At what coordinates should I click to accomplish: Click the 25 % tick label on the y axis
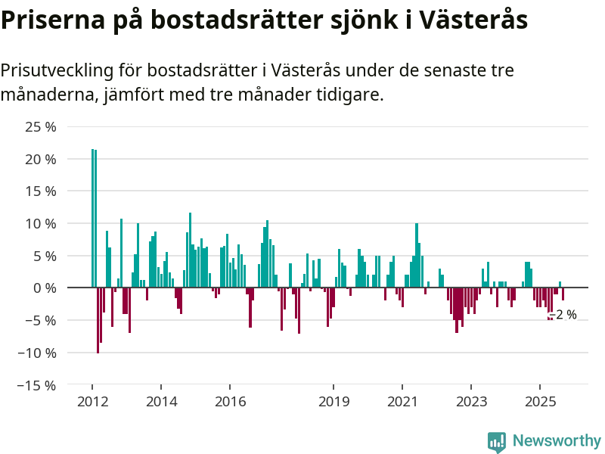41,127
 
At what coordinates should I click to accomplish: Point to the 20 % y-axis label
41,160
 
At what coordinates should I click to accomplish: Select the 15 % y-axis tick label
41,191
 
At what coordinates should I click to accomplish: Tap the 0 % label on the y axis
45,288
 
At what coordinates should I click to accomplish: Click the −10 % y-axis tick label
37,353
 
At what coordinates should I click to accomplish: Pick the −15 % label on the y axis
37,385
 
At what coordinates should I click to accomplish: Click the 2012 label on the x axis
92,401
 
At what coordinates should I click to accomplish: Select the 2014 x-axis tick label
162,401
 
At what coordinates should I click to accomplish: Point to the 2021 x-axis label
403,401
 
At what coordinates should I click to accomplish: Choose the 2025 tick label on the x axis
541,401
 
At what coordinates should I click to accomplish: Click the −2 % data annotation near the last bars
563,315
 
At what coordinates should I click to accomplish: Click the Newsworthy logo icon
497,441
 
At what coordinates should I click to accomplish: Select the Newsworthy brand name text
557,440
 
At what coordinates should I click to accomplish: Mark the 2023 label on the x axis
472,401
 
